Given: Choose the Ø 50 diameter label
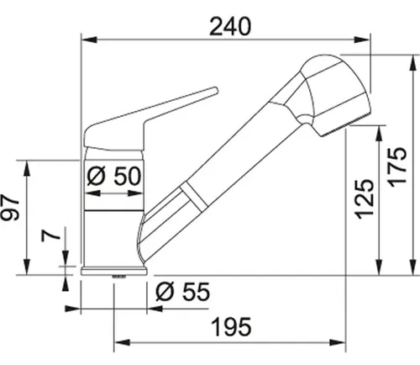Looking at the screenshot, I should click(115, 177).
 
